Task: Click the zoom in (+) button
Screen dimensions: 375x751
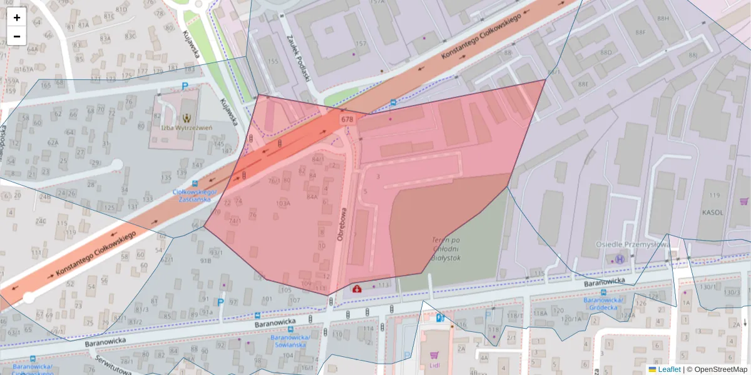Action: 17,17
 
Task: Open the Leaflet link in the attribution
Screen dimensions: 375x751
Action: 668,369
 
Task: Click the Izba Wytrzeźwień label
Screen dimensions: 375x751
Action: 186,127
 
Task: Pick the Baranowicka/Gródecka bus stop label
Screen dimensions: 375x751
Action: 601,304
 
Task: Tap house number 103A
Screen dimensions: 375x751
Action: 283,203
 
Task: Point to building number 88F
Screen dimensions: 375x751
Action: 640,32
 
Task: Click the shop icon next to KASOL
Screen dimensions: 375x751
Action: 743,201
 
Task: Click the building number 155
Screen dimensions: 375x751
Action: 273,61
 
